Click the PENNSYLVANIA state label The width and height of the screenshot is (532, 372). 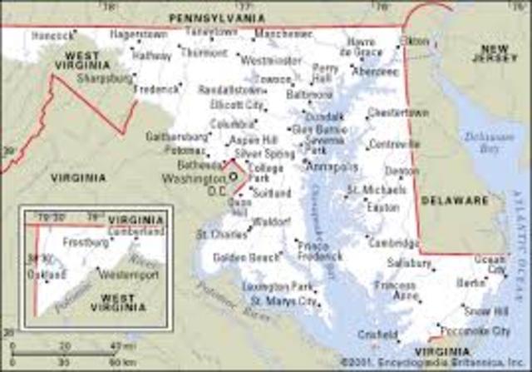(x=215, y=17)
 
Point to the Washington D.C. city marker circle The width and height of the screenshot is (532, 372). (x=233, y=176)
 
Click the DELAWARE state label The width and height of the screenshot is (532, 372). (x=454, y=201)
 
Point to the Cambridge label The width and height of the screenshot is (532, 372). (x=392, y=243)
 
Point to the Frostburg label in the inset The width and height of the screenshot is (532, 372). (x=85, y=243)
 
